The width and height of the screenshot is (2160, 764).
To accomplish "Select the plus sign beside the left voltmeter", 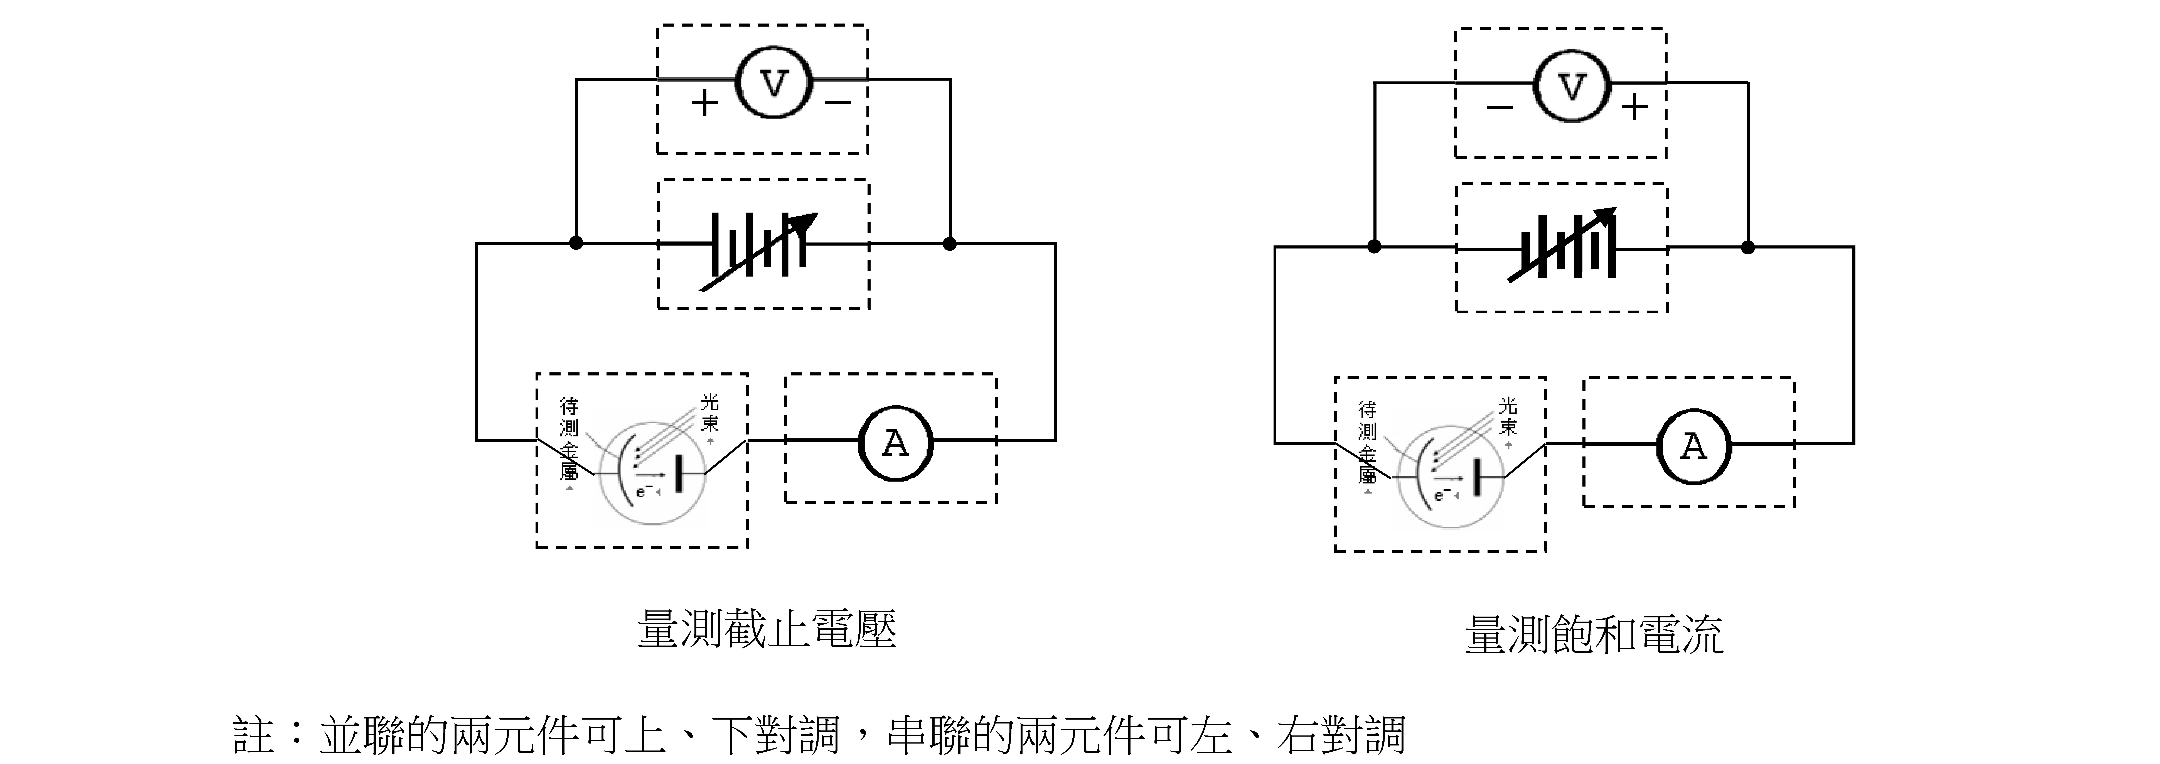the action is [x=704, y=103].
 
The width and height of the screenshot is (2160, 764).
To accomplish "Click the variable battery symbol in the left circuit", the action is [x=759, y=249].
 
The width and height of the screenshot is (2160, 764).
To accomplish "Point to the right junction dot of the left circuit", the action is [x=949, y=243].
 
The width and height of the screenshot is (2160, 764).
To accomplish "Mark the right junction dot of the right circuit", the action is [x=1747, y=247].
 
